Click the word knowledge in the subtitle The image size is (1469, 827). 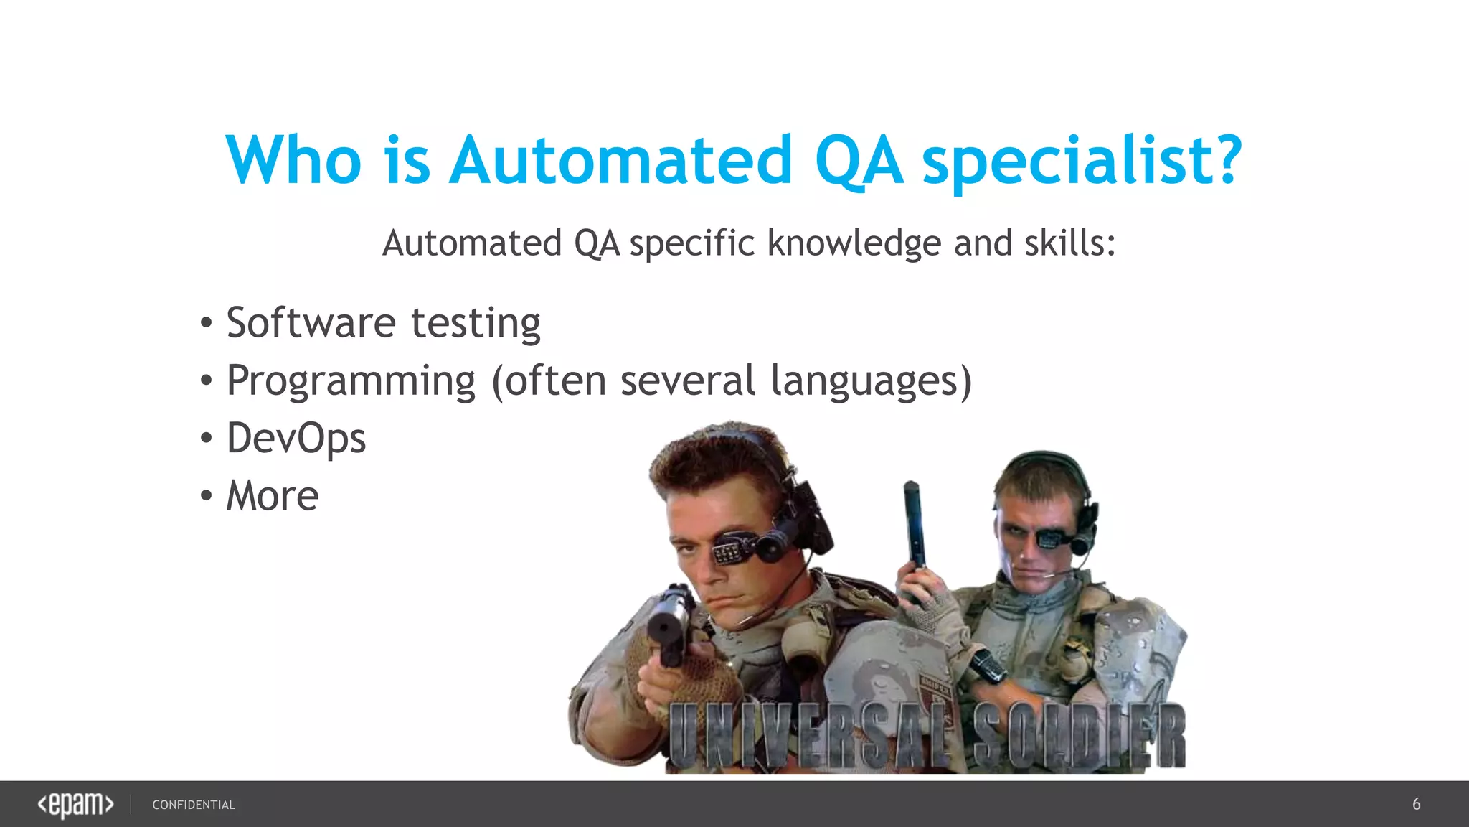click(854, 243)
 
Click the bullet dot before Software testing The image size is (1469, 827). click(207, 322)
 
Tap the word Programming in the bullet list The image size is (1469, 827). click(351, 380)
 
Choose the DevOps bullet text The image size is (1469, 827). click(296, 438)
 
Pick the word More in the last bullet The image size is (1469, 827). click(273, 495)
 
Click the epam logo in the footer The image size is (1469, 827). click(75, 804)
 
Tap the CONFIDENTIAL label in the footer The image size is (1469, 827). click(194, 805)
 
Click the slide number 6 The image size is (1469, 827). click(1416, 804)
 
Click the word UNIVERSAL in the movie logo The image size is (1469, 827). click(811, 736)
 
